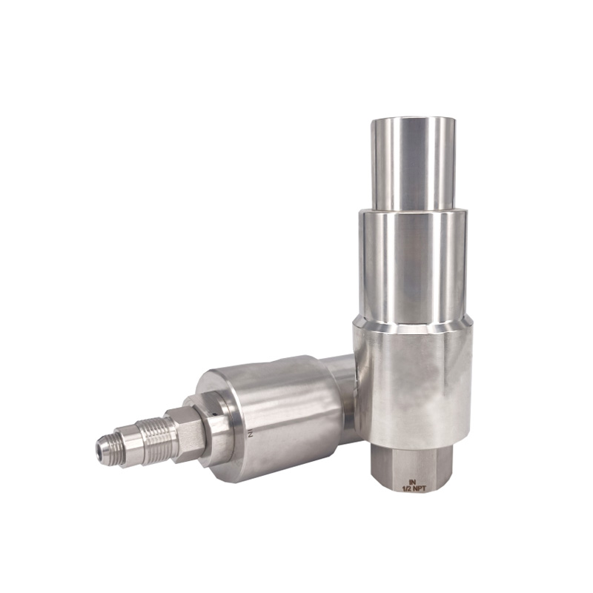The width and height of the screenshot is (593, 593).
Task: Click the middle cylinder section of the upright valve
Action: click(x=412, y=263)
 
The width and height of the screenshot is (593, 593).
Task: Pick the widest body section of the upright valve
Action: click(x=412, y=378)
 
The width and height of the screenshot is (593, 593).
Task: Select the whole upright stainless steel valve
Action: click(x=412, y=311)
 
